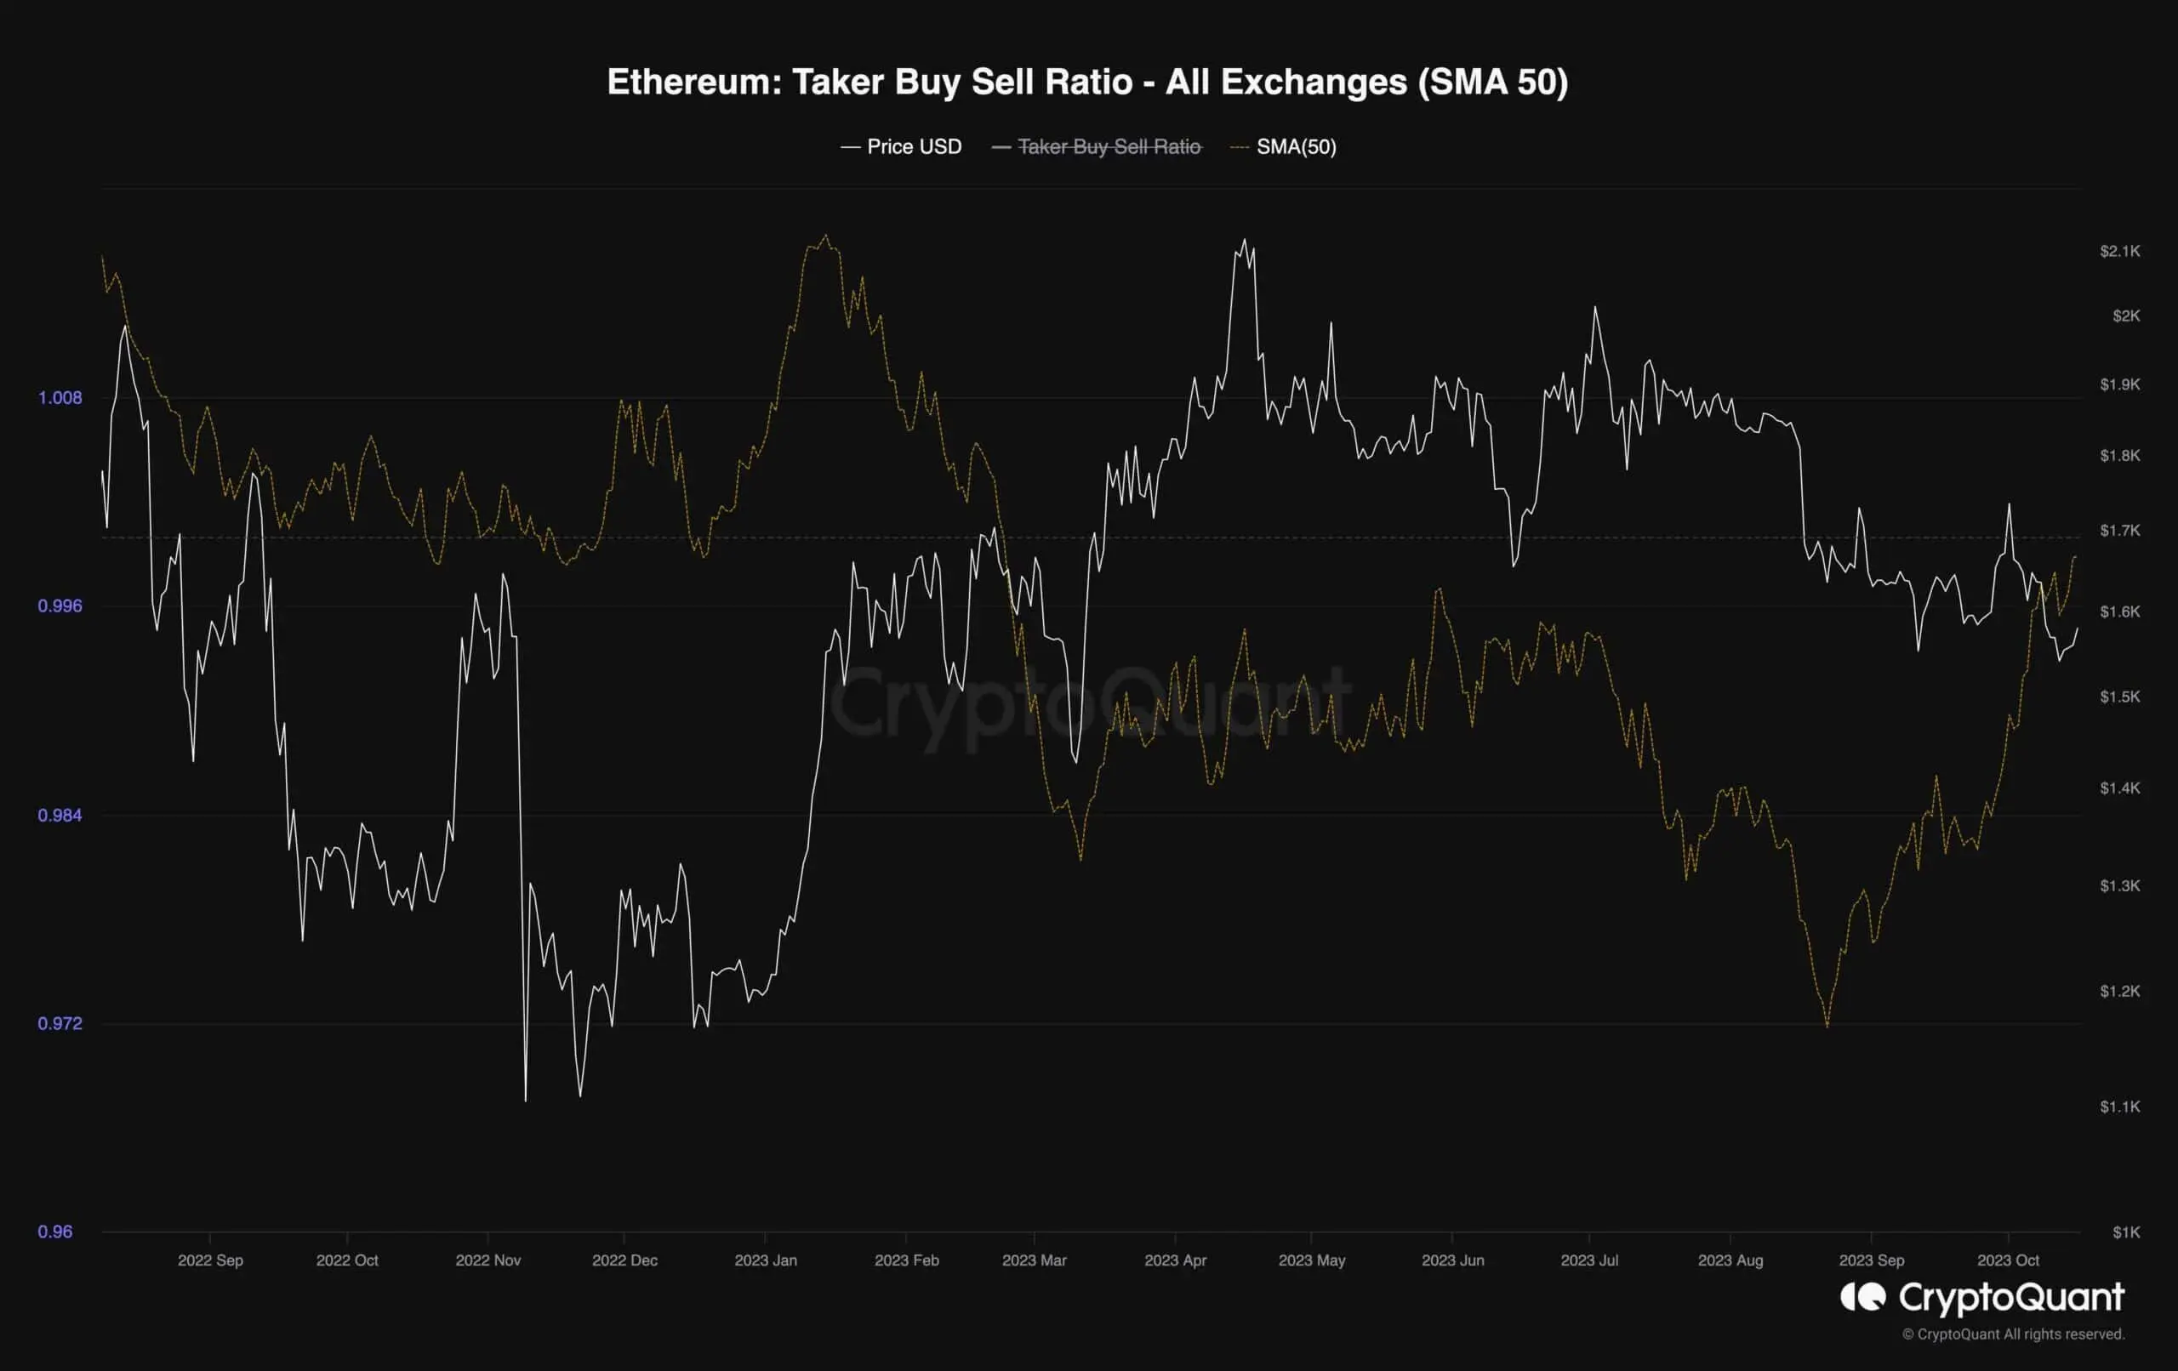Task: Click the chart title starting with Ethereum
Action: (x=1087, y=82)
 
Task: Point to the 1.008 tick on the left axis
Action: (x=60, y=398)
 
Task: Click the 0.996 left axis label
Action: (x=60, y=606)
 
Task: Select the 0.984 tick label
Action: (x=60, y=816)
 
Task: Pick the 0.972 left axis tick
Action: (x=60, y=1024)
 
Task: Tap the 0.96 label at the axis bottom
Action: (x=55, y=1232)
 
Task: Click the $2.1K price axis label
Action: (x=2119, y=252)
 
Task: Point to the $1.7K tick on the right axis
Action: (x=2119, y=530)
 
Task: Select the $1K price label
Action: (x=2125, y=1232)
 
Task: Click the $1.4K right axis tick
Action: (x=2119, y=788)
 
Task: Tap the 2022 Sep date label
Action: (x=210, y=1260)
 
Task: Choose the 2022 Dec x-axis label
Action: (x=624, y=1260)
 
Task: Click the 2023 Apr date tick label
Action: (x=1175, y=1260)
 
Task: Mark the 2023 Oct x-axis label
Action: (x=2008, y=1260)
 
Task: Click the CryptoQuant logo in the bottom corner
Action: (x=1981, y=1299)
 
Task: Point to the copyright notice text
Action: (x=2012, y=1334)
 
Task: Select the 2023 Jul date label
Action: (x=1589, y=1260)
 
